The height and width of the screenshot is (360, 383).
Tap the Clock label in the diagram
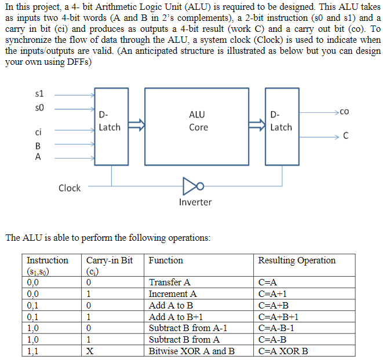click(x=70, y=188)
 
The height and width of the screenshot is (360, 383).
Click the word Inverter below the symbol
click(x=195, y=203)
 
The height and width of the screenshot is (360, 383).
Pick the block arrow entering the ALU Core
click(x=135, y=123)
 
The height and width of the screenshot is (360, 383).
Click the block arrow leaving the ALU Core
click(x=255, y=123)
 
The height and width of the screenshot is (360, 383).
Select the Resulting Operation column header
click(x=297, y=260)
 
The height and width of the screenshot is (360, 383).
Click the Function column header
click(x=166, y=260)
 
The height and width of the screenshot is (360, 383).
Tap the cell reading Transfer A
click(x=170, y=282)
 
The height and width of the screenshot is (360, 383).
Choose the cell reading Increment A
click(x=173, y=294)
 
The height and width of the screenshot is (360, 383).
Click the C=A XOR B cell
click(x=283, y=351)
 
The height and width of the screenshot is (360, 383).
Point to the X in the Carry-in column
click(x=90, y=351)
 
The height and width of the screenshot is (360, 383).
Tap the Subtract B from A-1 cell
click(x=188, y=328)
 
